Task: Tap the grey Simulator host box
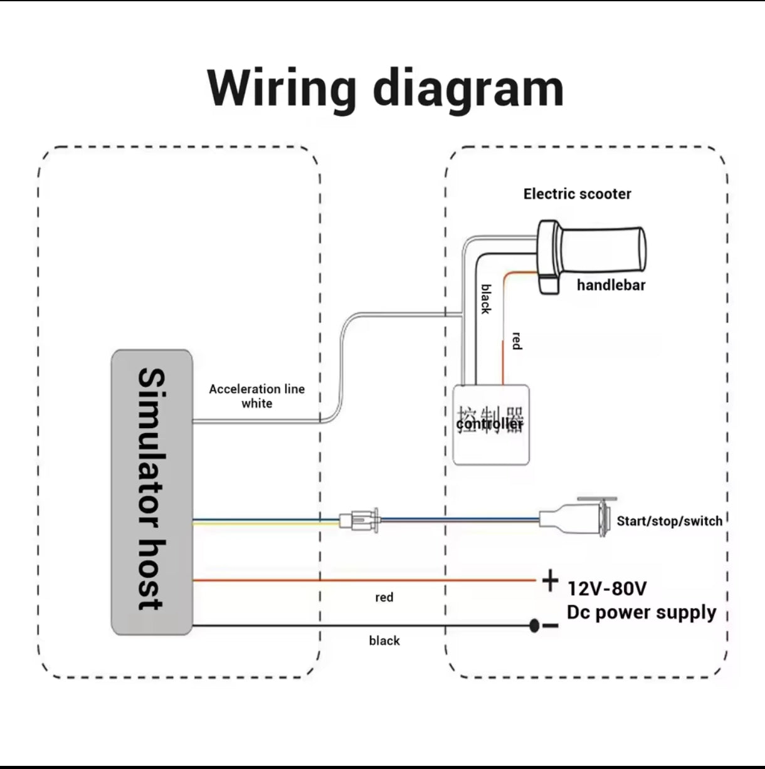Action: (152, 492)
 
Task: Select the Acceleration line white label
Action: (256, 396)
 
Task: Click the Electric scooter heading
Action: (577, 194)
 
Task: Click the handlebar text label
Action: (611, 285)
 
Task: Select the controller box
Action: (491, 425)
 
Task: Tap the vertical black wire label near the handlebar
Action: (486, 298)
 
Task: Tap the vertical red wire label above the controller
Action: (516, 341)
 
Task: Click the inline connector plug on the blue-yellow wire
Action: (358, 520)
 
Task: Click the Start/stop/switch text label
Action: (669, 521)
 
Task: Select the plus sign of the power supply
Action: (550, 580)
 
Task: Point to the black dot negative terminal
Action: (534, 625)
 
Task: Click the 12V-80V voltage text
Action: (606, 589)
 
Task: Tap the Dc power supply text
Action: (641, 612)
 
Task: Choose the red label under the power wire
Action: (384, 597)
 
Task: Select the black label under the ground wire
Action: (384, 641)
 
